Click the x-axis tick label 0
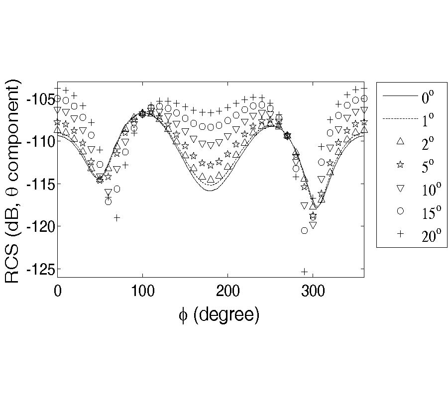coord(58,291)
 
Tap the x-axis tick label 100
coord(142,291)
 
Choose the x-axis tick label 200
coord(227,291)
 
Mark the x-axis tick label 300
coord(313,291)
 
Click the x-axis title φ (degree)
coord(219,315)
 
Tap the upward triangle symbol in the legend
coord(399,142)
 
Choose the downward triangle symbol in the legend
coord(399,189)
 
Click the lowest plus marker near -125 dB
coord(304,271)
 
